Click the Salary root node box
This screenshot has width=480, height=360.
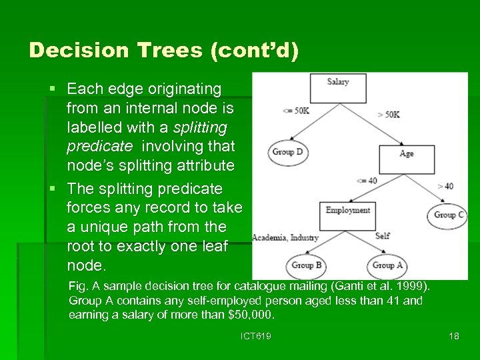click(x=338, y=87)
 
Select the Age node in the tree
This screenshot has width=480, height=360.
click(x=406, y=159)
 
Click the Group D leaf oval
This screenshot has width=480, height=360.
click(x=287, y=152)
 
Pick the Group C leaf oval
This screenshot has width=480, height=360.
click(x=449, y=215)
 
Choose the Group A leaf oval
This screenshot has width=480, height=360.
click(x=387, y=265)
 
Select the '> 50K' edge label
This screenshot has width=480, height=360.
click(x=388, y=114)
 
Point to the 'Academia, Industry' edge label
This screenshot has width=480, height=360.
click(x=285, y=237)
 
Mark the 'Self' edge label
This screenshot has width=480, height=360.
click(x=382, y=235)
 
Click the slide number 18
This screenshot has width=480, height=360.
click(x=454, y=336)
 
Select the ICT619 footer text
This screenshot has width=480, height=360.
click(x=256, y=336)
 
